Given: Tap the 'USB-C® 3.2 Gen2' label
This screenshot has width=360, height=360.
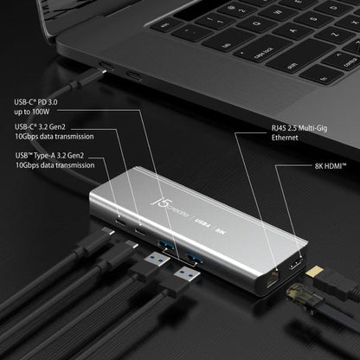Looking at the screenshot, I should coord(50,126).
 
